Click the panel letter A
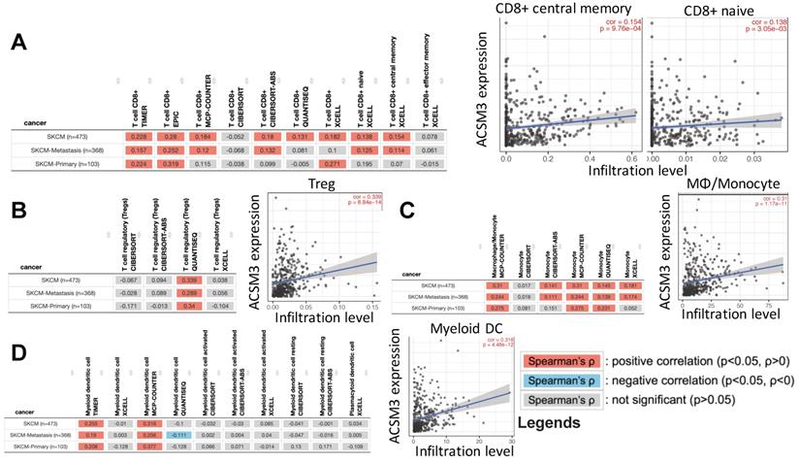click(16, 44)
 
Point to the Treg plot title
click(296, 182)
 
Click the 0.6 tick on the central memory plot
click(618, 157)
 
